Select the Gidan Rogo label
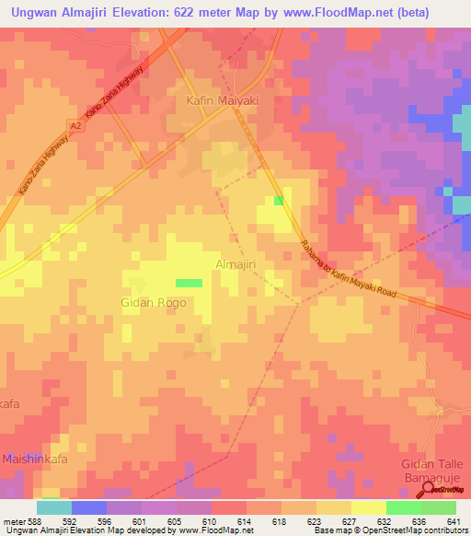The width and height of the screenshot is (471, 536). pyautogui.click(x=154, y=302)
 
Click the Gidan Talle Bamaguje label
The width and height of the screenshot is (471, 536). pyautogui.click(x=431, y=470)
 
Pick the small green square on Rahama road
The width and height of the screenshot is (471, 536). pyautogui.click(x=278, y=202)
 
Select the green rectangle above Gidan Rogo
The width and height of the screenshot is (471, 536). pyautogui.click(x=189, y=283)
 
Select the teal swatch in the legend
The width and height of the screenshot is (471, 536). pyautogui.click(x=53, y=507)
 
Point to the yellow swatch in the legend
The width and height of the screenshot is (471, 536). pyautogui.click(x=368, y=507)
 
